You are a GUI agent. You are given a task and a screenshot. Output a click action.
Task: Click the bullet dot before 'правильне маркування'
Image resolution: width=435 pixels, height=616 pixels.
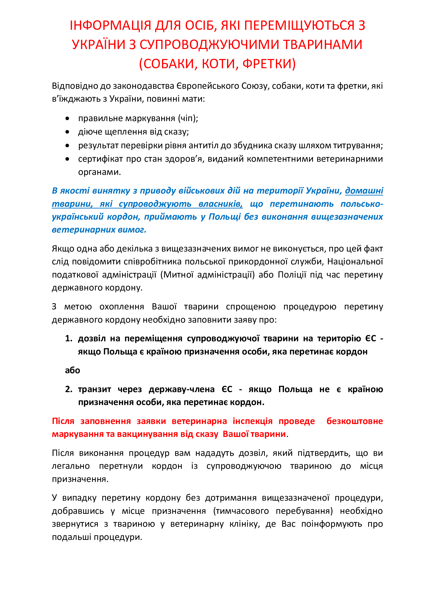coord(67,118)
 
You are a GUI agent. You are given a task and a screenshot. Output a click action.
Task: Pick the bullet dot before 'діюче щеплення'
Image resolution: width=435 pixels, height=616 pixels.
coord(67,132)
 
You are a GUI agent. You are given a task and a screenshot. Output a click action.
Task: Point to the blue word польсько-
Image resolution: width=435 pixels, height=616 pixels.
coord(362,204)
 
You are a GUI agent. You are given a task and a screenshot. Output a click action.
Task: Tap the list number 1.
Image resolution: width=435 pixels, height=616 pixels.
coord(69,339)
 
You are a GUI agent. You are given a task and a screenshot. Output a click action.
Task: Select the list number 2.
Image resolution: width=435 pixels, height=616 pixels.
coord(69,389)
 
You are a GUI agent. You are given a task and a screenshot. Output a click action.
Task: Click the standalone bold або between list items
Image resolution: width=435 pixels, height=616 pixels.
coord(73,370)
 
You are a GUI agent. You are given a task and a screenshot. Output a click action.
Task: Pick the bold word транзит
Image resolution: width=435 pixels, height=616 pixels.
coord(94,389)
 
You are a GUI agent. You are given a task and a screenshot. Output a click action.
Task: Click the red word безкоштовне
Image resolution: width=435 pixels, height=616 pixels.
coord(354,421)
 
